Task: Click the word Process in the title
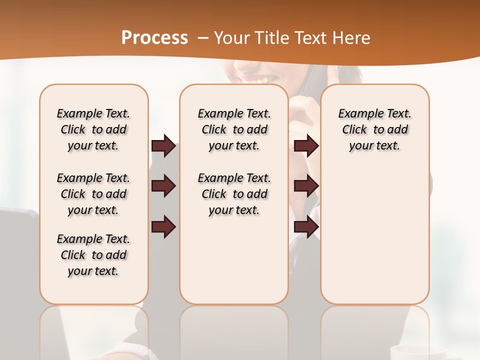tap(154, 38)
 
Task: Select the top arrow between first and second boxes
tap(163, 146)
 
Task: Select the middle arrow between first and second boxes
tap(163, 186)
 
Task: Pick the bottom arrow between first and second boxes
tap(163, 227)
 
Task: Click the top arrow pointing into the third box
tap(306, 146)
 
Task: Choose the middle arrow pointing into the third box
tap(306, 186)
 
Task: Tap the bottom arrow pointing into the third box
tap(306, 227)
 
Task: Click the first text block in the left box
tap(93, 129)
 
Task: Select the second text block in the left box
tap(93, 194)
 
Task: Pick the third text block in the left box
tap(93, 255)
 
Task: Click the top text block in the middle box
tap(234, 129)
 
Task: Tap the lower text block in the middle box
tap(234, 194)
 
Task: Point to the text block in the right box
tap(374, 129)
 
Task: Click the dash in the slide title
tap(203, 38)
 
